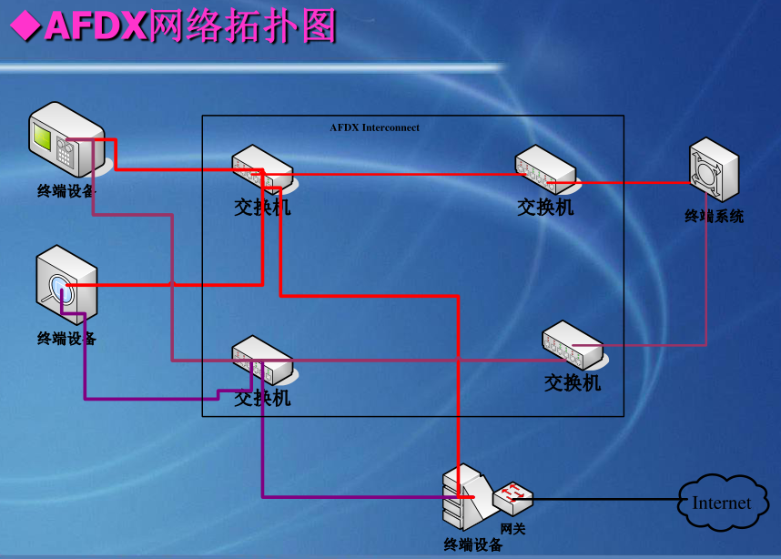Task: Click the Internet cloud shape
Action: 721,503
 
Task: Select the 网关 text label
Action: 512,528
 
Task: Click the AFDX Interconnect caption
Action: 375,127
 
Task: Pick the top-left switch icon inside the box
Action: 262,170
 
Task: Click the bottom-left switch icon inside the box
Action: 262,361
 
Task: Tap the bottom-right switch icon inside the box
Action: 573,345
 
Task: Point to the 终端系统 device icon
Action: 714,169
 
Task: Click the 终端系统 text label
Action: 714,217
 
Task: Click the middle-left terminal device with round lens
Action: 66,284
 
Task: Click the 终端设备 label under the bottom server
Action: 472,544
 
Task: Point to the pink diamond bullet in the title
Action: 23,26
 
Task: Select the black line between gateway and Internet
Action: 605,499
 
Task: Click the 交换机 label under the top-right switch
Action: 545,208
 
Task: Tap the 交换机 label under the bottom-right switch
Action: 573,383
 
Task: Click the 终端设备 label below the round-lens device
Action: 66,339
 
